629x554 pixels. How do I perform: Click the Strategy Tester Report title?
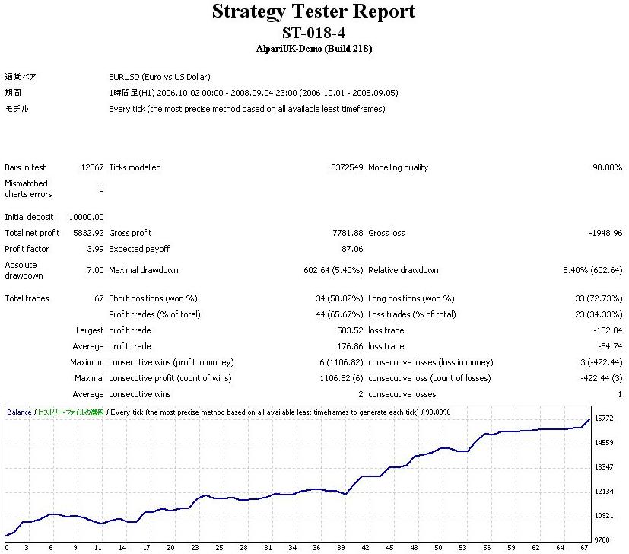313,12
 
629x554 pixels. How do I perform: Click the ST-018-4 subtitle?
313,33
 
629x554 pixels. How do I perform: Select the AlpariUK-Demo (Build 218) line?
313,49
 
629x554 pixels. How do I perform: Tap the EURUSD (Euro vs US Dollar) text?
160,77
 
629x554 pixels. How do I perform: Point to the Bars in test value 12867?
92,167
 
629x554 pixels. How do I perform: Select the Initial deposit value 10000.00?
86,217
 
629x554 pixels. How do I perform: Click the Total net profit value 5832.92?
88,233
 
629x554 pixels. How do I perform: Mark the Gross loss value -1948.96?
605,233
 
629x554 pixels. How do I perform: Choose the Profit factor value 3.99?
95,249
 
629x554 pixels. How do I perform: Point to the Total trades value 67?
99,298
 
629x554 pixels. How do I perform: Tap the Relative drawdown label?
403,270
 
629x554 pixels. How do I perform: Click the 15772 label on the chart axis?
605,419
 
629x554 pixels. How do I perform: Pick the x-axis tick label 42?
367,547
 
